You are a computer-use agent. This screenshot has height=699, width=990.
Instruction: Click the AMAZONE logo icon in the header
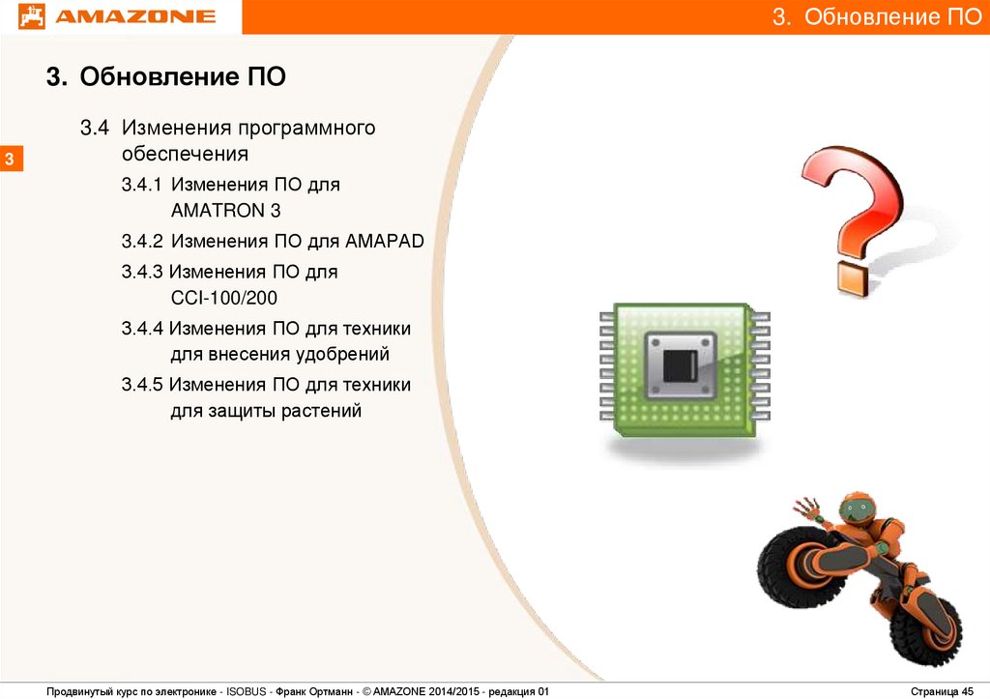point(32,16)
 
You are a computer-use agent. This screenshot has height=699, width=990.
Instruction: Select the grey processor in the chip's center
point(680,366)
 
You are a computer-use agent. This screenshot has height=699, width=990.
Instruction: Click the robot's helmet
point(857,509)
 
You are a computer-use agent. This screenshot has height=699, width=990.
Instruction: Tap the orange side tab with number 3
point(10,158)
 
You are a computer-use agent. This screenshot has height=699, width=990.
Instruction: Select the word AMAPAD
point(385,241)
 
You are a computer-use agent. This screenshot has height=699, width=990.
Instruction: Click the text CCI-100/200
point(224,298)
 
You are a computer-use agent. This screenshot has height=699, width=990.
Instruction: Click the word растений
point(321,411)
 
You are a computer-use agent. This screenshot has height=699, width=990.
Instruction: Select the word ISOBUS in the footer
point(247,691)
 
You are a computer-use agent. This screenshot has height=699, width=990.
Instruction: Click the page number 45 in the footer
point(967,691)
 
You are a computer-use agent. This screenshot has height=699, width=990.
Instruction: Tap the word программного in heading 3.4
point(306,129)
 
